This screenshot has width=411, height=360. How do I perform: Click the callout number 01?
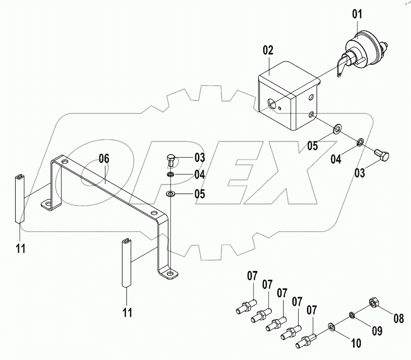[x=357, y=15]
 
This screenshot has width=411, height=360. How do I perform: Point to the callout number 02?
[x=268, y=51]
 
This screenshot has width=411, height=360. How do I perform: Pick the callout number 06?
[x=104, y=158]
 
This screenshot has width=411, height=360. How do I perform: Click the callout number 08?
[x=398, y=320]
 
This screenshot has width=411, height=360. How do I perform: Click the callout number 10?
[x=356, y=343]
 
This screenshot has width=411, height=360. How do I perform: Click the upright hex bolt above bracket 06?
[x=171, y=159]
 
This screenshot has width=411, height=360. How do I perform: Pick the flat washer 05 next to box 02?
[x=337, y=129]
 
